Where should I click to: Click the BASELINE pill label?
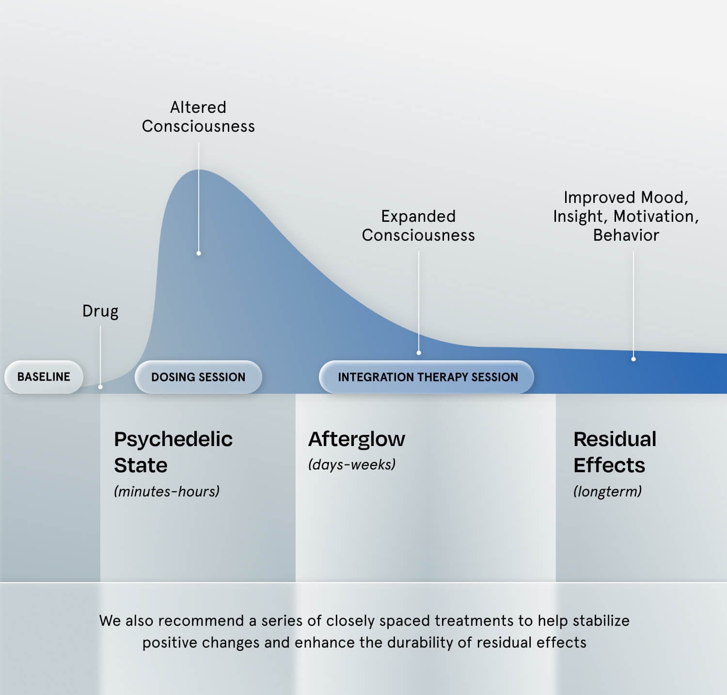click(44, 377)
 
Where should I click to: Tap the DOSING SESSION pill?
click(198, 377)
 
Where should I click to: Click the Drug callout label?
click(100, 311)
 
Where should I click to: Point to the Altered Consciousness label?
click(198, 117)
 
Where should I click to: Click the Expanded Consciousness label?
click(418, 226)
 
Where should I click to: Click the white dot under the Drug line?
click(100, 387)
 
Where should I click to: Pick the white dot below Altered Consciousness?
click(199, 253)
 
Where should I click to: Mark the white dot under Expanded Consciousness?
click(419, 353)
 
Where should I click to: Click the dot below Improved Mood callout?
click(633, 359)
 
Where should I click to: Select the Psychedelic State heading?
click(173, 452)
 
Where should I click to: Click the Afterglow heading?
click(357, 439)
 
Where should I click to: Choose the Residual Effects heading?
click(615, 452)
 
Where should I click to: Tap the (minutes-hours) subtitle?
click(167, 492)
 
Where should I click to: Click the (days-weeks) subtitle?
click(352, 465)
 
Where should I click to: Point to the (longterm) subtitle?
click(607, 492)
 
